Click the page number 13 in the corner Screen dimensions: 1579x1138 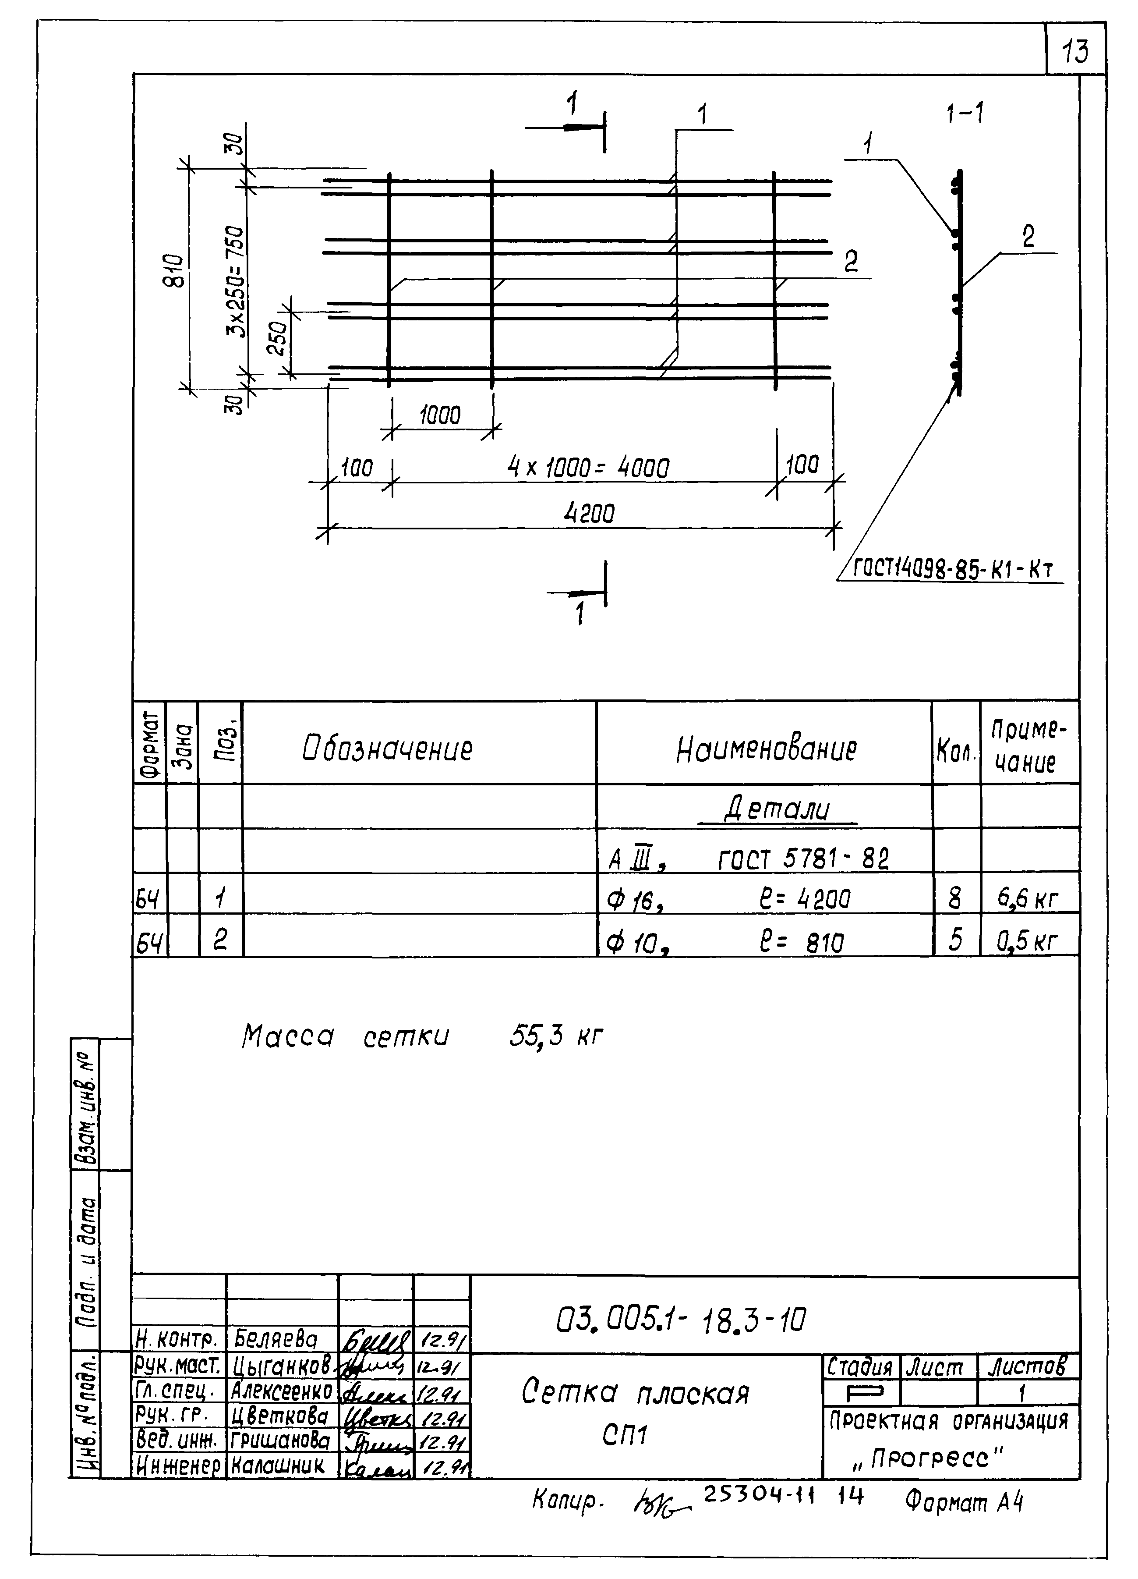pos(1075,51)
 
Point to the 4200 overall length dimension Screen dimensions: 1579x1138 pos(589,514)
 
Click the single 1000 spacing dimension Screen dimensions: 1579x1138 pos(440,415)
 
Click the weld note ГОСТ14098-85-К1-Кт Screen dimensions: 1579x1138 pos(954,569)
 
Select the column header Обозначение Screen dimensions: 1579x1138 pos(387,749)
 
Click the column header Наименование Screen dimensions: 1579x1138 pos(766,749)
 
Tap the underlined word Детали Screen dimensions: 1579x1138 pos(777,809)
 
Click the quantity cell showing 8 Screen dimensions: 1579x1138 pos(955,899)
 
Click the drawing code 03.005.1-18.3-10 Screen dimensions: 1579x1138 pos(682,1319)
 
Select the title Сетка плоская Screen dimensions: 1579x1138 pos(635,1393)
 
